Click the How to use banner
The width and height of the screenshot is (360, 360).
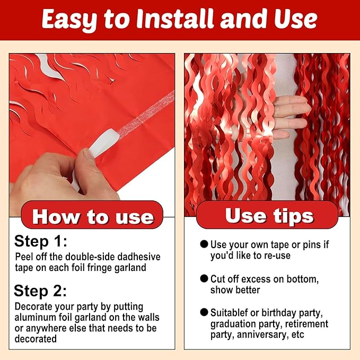[93, 216]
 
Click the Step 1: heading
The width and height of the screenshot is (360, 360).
[41, 242]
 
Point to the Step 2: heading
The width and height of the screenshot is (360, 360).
[40, 291]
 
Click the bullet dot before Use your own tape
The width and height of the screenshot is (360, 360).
[204, 244]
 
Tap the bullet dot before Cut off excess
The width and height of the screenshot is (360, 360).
[204, 278]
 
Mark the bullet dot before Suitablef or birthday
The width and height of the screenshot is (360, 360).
[204, 312]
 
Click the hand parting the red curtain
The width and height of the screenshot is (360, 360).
[289, 114]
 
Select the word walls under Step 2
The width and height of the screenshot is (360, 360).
[146, 318]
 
